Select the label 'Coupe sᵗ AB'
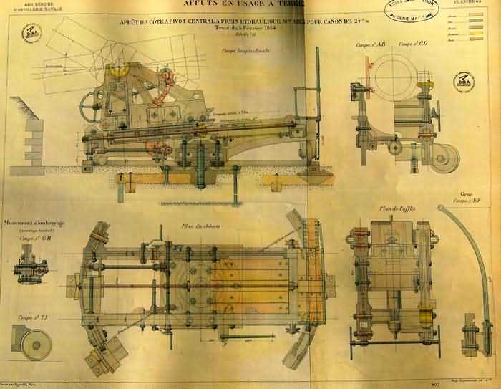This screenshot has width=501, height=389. pyautogui.click(x=369, y=45)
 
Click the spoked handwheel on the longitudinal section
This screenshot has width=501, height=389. pyautogui.click(x=91, y=109)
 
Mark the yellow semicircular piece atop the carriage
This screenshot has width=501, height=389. pyautogui.click(x=117, y=72)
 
